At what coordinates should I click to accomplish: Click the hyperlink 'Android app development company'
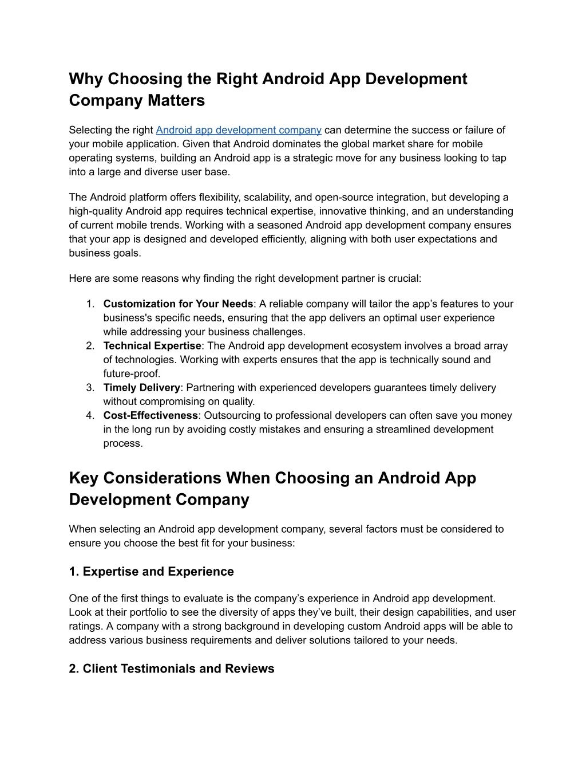pyautogui.click(x=238, y=130)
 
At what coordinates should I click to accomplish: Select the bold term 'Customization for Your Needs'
pyautogui.click(x=178, y=304)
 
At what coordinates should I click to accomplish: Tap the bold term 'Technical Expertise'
pyautogui.click(x=152, y=345)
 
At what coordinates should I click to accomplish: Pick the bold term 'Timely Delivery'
pyautogui.click(x=142, y=388)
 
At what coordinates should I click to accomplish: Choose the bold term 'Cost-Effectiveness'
pyautogui.click(x=151, y=415)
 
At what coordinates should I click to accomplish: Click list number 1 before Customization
pyautogui.click(x=90, y=304)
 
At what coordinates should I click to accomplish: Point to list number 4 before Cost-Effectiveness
pyautogui.click(x=90, y=415)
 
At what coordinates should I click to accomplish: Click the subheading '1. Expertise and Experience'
pyautogui.click(x=151, y=572)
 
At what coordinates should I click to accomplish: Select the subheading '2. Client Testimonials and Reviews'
pyautogui.click(x=172, y=668)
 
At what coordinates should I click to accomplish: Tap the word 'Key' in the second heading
pyautogui.click(x=84, y=478)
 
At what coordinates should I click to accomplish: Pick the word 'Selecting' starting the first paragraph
pyautogui.click(x=89, y=130)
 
